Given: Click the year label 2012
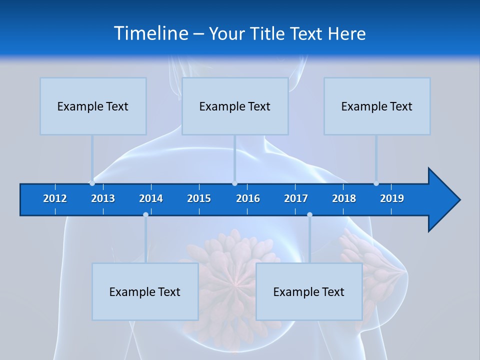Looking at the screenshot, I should click(55, 198).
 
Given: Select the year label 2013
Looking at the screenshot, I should click(103, 198).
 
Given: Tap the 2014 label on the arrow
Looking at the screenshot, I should click(151, 198).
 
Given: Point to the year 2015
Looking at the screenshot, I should click(199, 198).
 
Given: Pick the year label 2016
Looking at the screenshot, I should click(248, 198).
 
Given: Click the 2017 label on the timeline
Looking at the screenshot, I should click(296, 198).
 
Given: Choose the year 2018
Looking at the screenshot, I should click(344, 198).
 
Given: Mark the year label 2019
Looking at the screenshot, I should click(392, 198).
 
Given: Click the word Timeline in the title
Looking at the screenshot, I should click(150, 33).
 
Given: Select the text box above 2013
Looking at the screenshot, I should click(93, 106).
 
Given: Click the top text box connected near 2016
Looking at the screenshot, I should click(235, 106).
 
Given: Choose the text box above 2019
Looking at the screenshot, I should click(377, 106).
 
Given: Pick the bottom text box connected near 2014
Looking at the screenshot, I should click(145, 291).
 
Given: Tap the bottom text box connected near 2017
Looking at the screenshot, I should click(309, 291).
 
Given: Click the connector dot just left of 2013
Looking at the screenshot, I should click(92, 183).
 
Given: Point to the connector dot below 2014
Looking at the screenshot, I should click(145, 214).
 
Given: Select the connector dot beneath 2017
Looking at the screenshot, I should click(309, 214).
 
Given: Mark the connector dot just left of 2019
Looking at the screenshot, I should click(376, 183).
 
